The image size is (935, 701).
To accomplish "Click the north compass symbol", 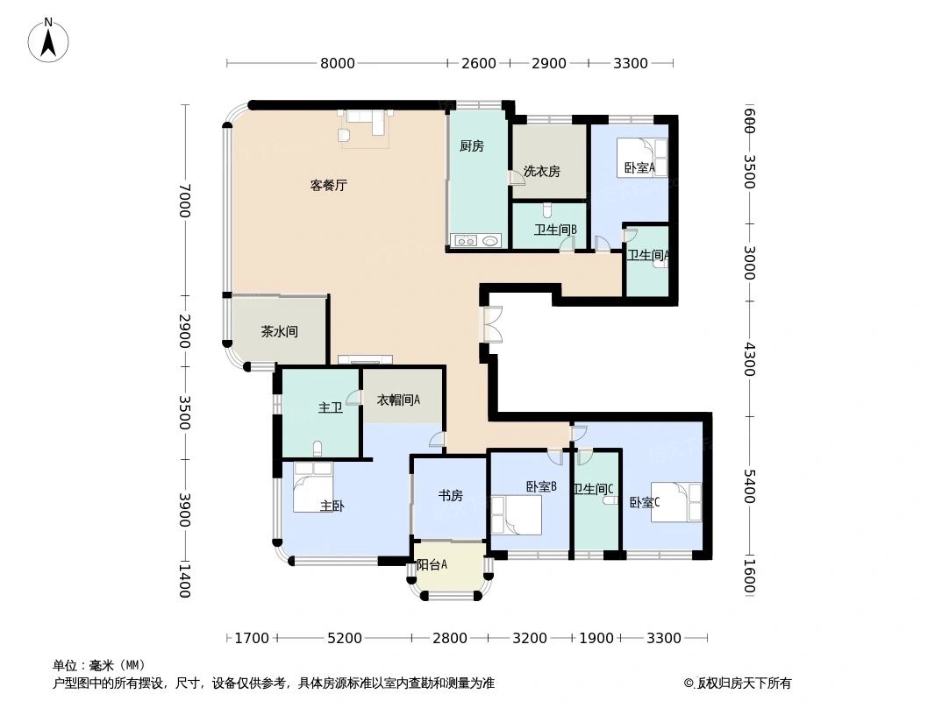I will click(x=48, y=39).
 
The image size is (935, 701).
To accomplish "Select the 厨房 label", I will click(x=471, y=146).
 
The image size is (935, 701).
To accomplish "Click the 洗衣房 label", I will click(x=541, y=172).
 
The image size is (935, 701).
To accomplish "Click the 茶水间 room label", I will click(x=279, y=332).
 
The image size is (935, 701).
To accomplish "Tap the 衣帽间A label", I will click(x=398, y=400).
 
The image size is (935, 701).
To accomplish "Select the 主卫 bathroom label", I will click(x=330, y=407).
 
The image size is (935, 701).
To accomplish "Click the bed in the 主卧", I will click(x=313, y=485).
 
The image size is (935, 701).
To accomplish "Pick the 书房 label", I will click(x=450, y=496).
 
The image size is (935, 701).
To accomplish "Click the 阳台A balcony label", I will click(x=432, y=565).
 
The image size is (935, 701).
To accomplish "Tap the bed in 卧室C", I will click(x=676, y=502).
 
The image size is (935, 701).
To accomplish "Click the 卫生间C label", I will click(x=593, y=489).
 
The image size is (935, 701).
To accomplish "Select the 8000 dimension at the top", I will click(x=337, y=63).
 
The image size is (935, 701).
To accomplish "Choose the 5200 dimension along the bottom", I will click(x=344, y=638).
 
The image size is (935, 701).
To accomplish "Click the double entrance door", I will click(x=491, y=322).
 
